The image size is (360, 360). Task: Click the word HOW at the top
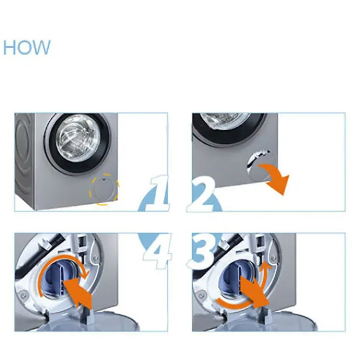point(26,47)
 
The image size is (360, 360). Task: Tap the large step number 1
point(158,193)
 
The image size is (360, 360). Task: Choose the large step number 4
point(158,251)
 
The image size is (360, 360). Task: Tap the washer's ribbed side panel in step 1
point(25,161)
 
